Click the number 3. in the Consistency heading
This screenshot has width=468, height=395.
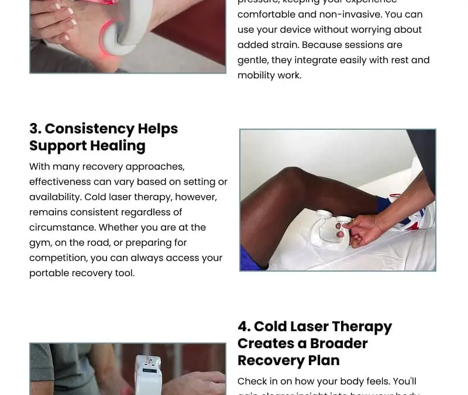click(35, 129)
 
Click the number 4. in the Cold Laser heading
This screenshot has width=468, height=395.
click(244, 327)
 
